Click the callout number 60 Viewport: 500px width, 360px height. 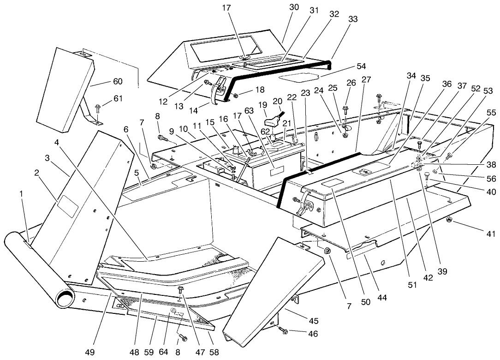(x=118, y=82)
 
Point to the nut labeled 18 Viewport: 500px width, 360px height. (x=235, y=96)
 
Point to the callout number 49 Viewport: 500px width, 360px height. (x=89, y=352)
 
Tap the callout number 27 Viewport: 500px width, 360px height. (x=366, y=79)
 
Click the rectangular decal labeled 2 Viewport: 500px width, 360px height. (x=68, y=205)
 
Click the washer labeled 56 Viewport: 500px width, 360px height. (x=435, y=172)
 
